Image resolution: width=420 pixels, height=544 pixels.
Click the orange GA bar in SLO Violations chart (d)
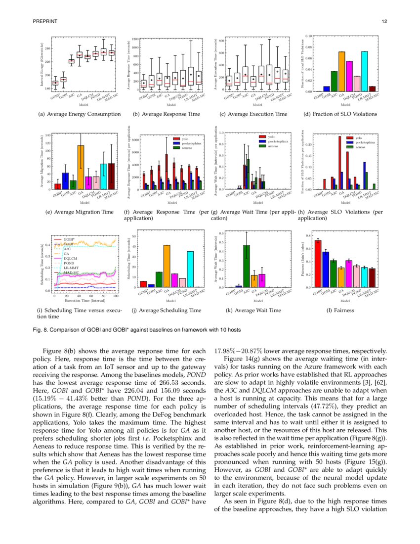pos(341,72)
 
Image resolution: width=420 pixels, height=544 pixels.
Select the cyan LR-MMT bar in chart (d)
pos(365,72)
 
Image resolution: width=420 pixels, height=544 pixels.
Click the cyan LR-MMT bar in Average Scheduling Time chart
pos(190,269)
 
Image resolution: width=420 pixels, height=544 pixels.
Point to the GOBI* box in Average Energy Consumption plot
pos(55,83)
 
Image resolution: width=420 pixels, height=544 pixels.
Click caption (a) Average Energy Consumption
pos(79,114)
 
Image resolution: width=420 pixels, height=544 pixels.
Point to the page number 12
pos(384,21)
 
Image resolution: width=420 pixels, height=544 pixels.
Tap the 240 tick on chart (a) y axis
pos(47,48)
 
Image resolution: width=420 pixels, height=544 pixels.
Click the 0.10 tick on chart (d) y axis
pos(308,36)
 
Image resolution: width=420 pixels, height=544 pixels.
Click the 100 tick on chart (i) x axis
pos(116,296)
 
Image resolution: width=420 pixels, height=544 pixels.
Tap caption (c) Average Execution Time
pos(253,114)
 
